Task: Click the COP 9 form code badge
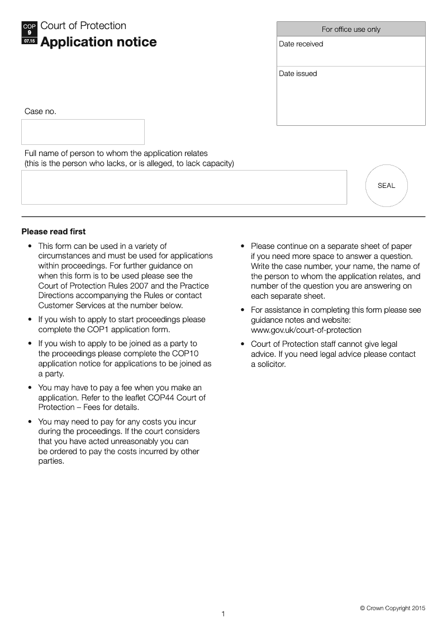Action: click(x=29, y=34)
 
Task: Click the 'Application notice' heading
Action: click(x=98, y=43)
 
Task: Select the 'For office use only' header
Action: click(x=351, y=29)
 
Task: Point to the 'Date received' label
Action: click(x=301, y=44)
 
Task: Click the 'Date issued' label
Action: click(x=298, y=74)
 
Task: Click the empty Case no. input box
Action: click(x=83, y=132)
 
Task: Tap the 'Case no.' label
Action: click(x=40, y=111)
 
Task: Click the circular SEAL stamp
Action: click(x=386, y=186)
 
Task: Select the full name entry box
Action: click(x=184, y=187)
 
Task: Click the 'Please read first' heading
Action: click(x=54, y=232)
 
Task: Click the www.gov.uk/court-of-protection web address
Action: click(x=306, y=330)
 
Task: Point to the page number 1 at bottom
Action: click(x=223, y=614)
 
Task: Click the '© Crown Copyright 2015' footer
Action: click(x=392, y=608)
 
